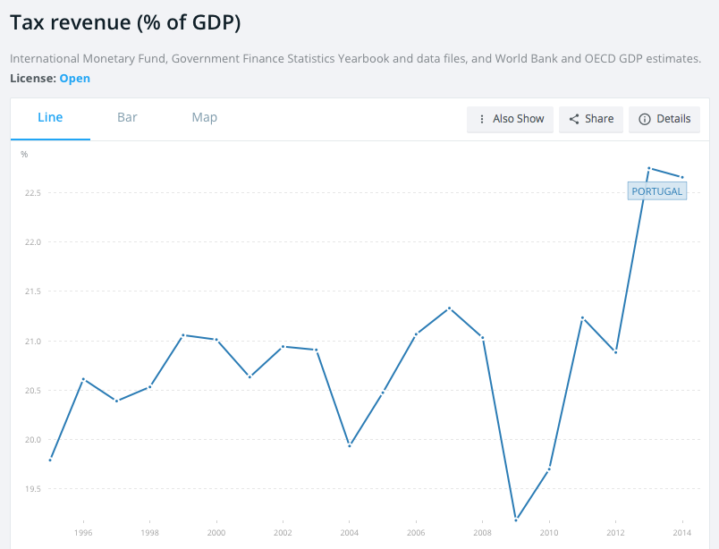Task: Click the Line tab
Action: tap(50, 118)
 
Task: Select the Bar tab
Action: tap(127, 118)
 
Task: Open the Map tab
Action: tap(204, 118)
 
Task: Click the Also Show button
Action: tap(511, 119)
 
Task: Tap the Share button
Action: tap(591, 119)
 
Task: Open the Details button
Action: tap(664, 119)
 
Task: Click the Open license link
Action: tap(75, 79)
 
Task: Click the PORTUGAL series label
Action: tap(656, 191)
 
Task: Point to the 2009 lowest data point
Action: tap(516, 519)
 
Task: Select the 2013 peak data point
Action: tap(649, 168)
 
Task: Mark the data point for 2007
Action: tap(450, 308)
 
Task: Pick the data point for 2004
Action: tap(350, 445)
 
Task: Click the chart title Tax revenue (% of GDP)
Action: tap(125, 23)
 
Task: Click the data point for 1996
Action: tap(83, 379)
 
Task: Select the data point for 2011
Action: tap(583, 317)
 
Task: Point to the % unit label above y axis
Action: tap(25, 155)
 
